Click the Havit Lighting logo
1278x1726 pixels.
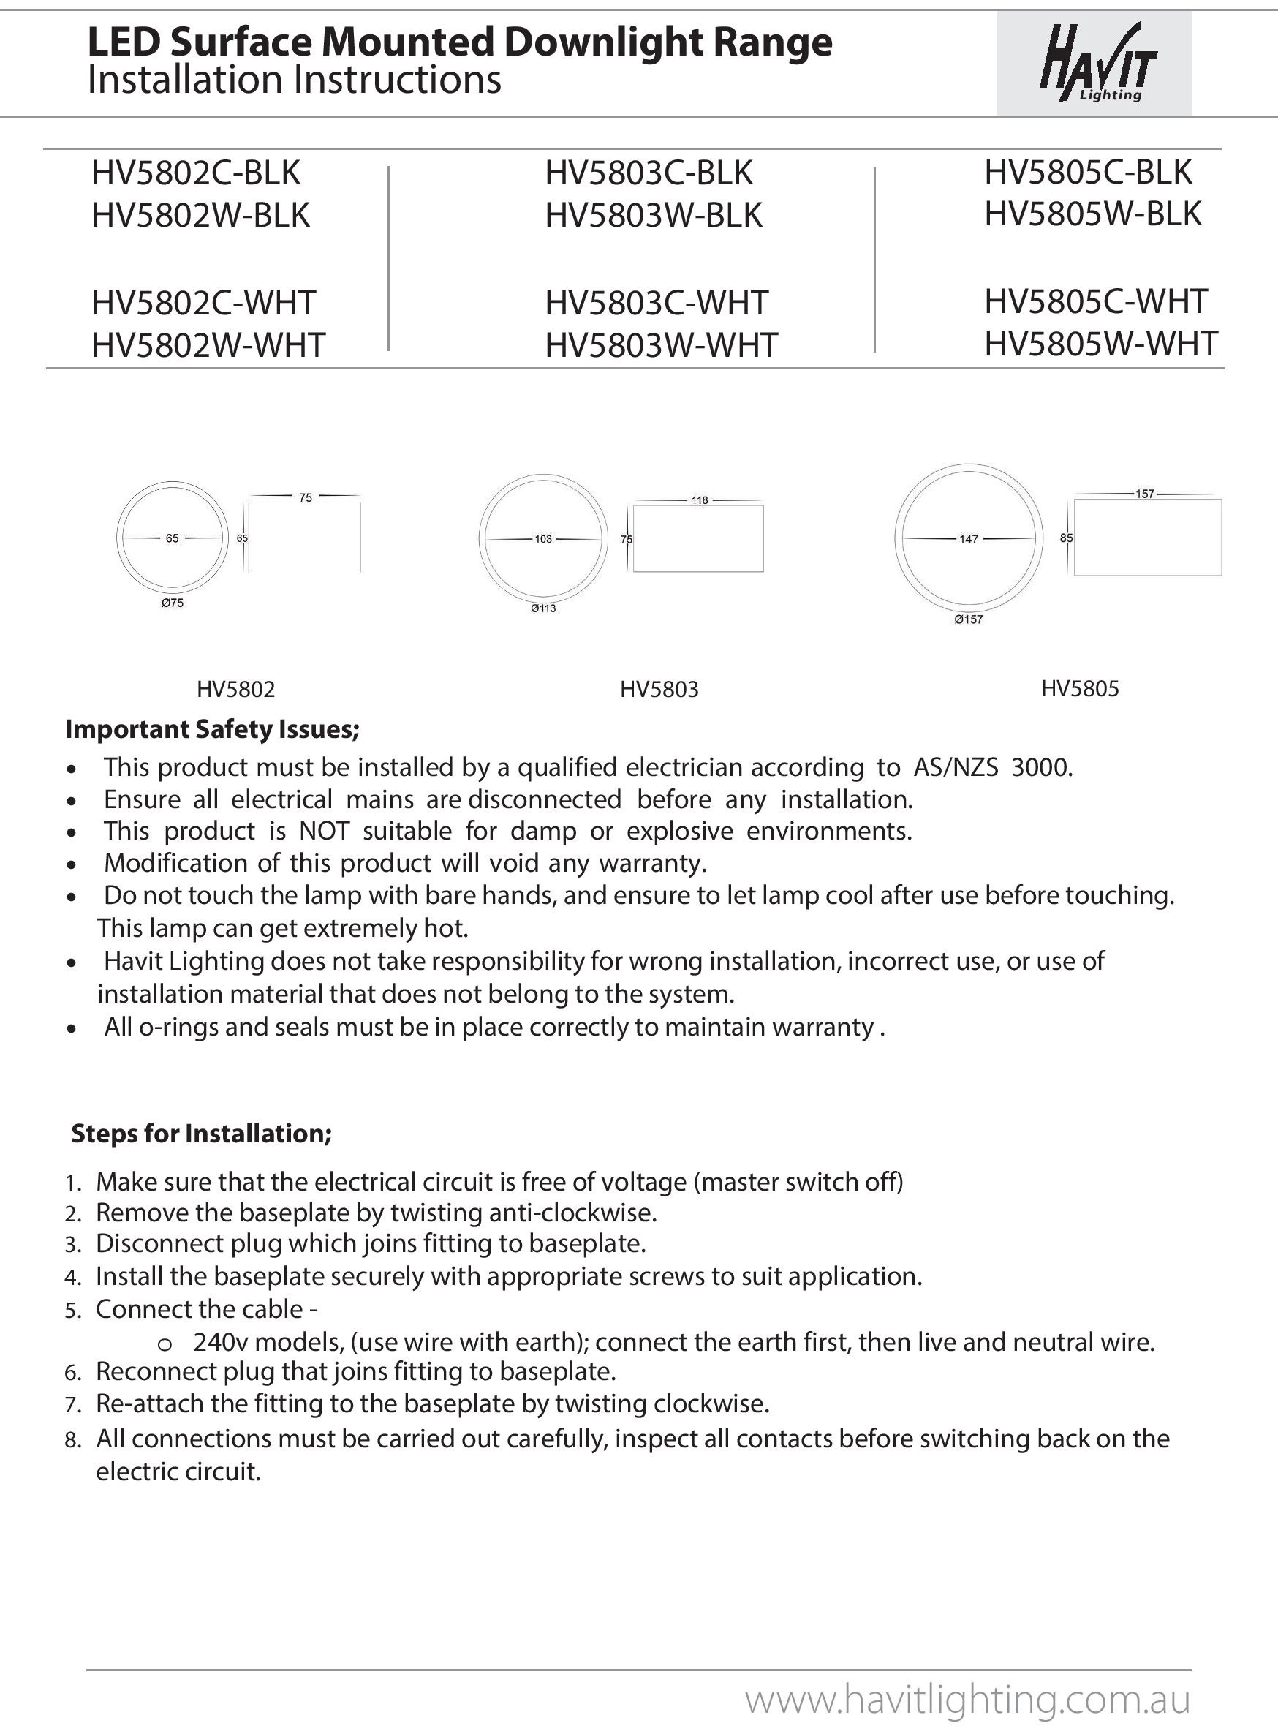(x=1097, y=64)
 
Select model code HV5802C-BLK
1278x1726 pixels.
(x=196, y=173)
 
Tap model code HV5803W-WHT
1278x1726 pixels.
(x=661, y=345)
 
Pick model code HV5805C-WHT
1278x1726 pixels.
(x=1095, y=301)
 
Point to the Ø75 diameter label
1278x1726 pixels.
(x=172, y=603)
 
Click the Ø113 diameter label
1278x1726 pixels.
(x=543, y=608)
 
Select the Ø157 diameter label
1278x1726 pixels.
(x=968, y=619)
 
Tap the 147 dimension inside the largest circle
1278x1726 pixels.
(x=969, y=539)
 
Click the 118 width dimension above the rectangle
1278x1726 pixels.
(x=700, y=500)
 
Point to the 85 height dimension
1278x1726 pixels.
(x=1066, y=538)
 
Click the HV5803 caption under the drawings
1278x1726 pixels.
(x=659, y=690)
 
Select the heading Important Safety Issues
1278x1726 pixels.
(x=212, y=728)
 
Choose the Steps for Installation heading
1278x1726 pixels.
(x=201, y=1134)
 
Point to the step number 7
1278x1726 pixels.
(x=72, y=1404)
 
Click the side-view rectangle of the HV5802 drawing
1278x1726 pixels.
(x=305, y=538)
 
